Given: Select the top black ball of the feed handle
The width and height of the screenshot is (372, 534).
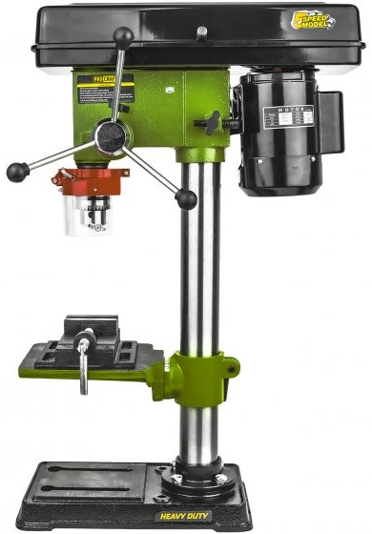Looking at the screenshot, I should coord(123,37).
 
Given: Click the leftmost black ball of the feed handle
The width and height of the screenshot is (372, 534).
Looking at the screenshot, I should coord(16,172).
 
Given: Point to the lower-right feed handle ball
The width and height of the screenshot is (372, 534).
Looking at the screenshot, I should coord(187,198).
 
